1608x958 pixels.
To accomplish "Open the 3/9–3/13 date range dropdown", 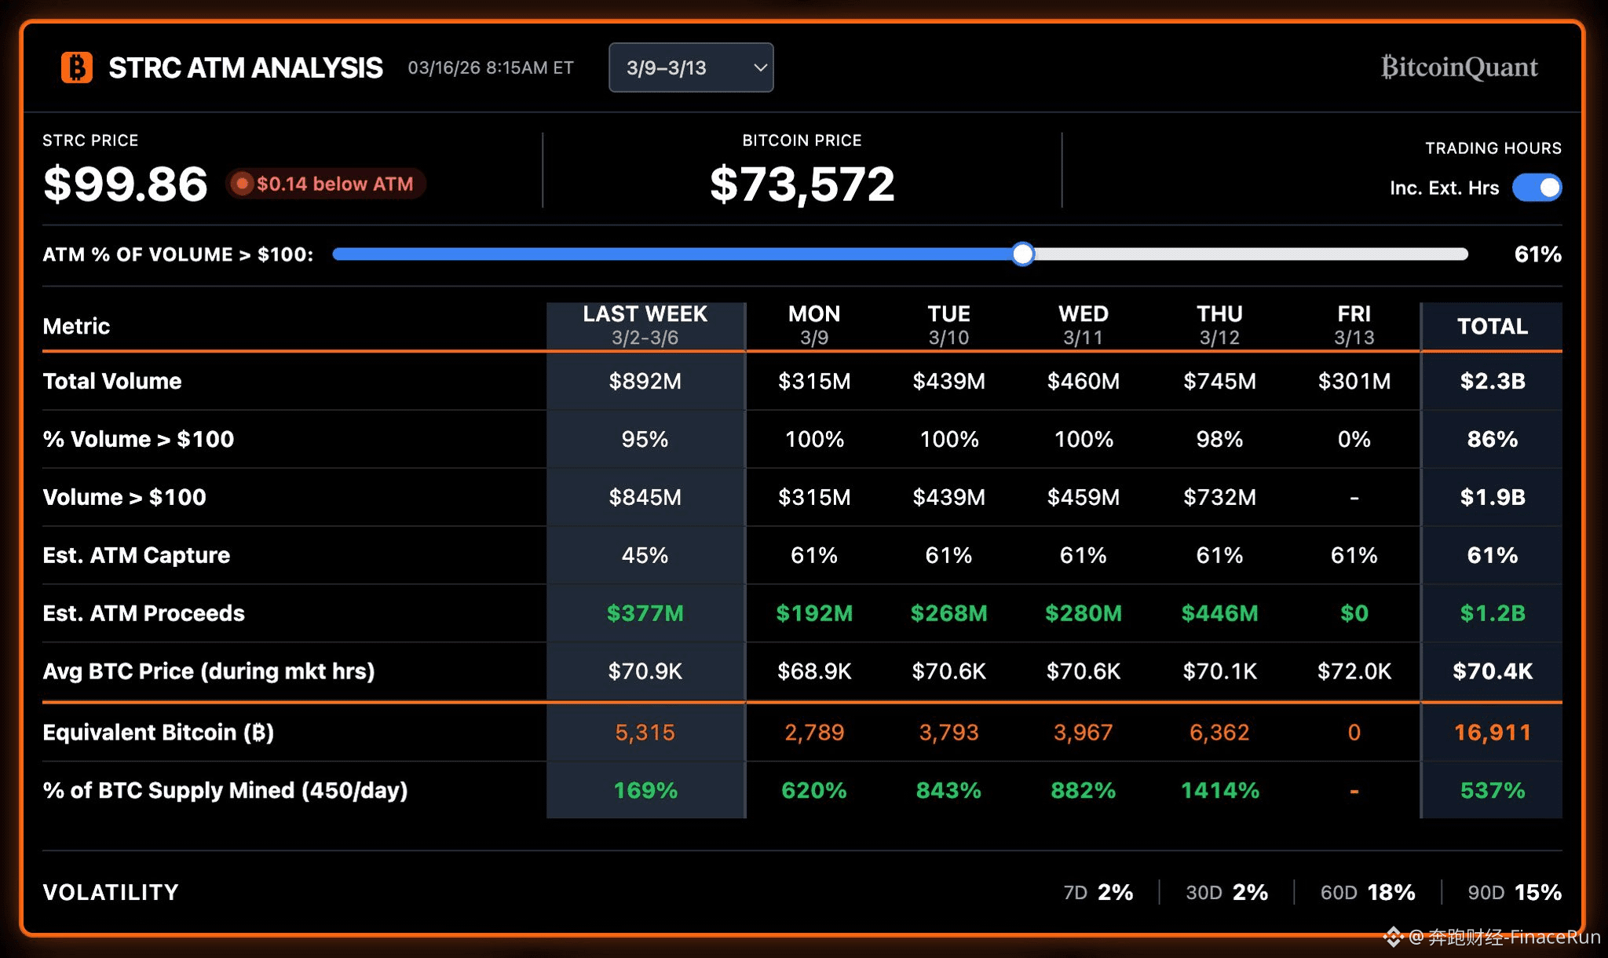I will [x=691, y=68].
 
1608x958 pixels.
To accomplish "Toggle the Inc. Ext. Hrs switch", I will [x=1537, y=188].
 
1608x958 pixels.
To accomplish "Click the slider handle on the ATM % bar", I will [x=1022, y=254].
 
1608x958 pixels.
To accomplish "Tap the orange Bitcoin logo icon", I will [x=77, y=68].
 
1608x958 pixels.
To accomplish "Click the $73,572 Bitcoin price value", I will [x=802, y=185].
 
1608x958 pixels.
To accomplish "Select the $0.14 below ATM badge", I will [x=326, y=184].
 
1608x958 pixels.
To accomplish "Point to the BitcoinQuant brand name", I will [x=1459, y=68].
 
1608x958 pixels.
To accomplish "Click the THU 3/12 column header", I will [x=1219, y=325].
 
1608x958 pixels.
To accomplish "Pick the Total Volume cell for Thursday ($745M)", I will [x=1219, y=381].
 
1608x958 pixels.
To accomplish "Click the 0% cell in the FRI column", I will [x=1354, y=439].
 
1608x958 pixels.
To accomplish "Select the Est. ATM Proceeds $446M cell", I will [x=1219, y=613].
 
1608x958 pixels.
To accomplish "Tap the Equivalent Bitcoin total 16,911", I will [x=1492, y=733].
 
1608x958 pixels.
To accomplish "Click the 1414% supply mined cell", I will [x=1219, y=791].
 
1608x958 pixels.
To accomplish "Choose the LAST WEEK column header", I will [x=645, y=325].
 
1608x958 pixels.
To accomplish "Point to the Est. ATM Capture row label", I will [x=137, y=555].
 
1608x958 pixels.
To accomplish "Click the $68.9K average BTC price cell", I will [x=814, y=671].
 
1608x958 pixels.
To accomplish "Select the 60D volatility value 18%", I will [x=1391, y=892].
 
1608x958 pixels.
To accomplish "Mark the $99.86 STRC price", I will [x=126, y=185].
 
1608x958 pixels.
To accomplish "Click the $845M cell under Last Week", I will [x=645, y=497].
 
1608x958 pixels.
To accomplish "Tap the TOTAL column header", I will [x=1492, y=326].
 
